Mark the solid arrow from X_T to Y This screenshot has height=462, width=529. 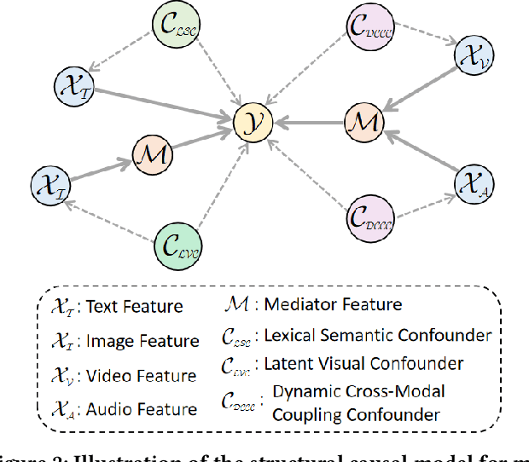coord(162,103)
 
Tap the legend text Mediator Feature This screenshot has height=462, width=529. coord(333,303)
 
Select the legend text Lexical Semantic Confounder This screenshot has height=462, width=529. coord(377,335)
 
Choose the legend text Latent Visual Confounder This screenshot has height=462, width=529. coord(363,364)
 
